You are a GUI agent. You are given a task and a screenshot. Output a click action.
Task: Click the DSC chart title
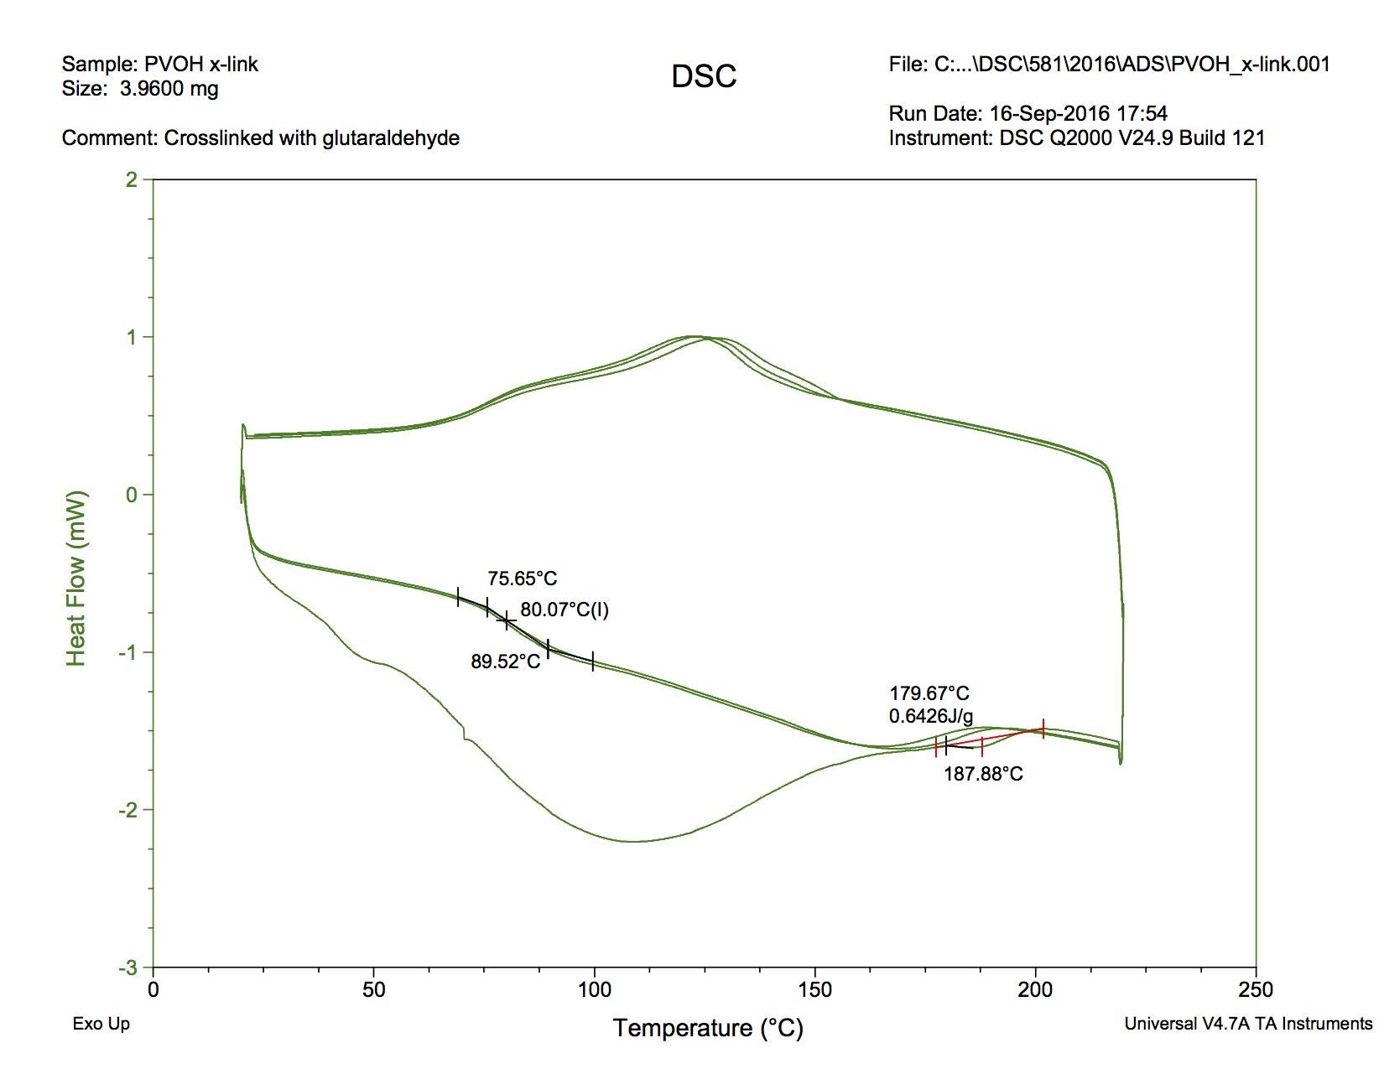point(704,76)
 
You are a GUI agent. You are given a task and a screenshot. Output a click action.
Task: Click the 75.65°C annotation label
point(522,579)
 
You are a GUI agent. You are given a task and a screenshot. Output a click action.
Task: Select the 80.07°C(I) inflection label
point(565,610)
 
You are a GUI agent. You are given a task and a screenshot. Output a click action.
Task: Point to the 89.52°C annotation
point(505,662)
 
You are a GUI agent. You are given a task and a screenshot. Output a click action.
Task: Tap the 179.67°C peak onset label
point(929,693)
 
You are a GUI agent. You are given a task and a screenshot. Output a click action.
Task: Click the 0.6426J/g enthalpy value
point(930,716)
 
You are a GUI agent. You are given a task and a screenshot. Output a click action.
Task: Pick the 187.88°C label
point(983,774)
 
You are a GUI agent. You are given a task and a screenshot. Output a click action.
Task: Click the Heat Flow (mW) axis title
point(76,579)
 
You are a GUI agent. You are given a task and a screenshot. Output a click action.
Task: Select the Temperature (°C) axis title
point(708,1028)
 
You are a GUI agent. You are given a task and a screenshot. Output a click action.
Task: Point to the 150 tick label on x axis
point(815,990)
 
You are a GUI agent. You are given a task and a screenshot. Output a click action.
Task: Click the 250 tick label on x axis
point(1256,990)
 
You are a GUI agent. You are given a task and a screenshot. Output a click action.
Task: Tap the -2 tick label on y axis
point(131,810)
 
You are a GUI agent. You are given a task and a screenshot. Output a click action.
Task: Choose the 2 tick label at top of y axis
point(132,179)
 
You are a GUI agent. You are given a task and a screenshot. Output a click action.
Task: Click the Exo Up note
point(101,1024)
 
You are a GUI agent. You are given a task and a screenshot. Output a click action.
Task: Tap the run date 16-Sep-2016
point(1048,113)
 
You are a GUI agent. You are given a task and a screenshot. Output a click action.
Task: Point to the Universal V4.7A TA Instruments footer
point(1248,1024)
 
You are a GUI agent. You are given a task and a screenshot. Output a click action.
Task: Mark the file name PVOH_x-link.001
point(1251,65)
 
